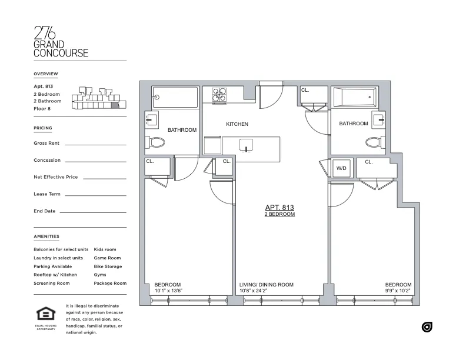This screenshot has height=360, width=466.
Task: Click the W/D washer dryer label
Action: [x=341, y=168]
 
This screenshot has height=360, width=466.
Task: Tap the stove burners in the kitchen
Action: [x=219, y=95]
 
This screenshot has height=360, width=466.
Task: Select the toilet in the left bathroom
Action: [x=157, y=142]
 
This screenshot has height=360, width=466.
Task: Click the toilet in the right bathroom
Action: [x=372, y=141]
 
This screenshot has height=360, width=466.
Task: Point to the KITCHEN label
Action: [x=237, y=124]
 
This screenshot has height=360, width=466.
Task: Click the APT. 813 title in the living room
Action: [x=279, y=208]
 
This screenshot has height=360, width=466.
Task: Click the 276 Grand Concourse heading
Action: [x=61, y=42]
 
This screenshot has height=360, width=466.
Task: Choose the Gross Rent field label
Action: [x=47, y=143]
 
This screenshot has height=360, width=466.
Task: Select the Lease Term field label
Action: [x=47, y=194]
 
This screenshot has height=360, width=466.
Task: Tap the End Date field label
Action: [x=45, y=211]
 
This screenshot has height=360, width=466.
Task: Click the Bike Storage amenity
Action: [x=108, y=266]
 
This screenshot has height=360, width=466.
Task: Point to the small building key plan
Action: [x=96, y=98]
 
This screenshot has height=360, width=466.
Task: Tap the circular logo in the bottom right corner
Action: [x=427, y=327]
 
